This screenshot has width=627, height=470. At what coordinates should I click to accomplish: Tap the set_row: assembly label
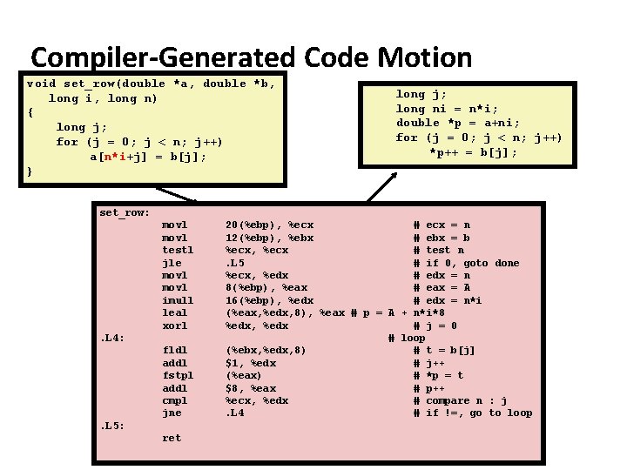[125, 212]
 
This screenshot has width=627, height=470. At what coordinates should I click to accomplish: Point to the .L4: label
[113, 338]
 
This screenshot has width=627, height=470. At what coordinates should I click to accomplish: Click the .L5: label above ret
[113, 426]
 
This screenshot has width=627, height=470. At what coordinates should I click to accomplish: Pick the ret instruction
[172, 438]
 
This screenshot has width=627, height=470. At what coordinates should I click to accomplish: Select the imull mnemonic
[178, 300]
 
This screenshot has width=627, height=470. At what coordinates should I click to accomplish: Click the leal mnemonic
[175, 312]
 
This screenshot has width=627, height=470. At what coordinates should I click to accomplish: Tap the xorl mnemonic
[175, 326]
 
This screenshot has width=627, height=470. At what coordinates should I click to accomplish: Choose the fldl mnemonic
[175, 351]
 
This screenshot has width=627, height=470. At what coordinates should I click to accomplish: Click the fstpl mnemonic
[178, 375]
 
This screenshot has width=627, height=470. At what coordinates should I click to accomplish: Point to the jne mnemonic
[172, 413]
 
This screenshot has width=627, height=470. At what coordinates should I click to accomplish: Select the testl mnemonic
[178, 250]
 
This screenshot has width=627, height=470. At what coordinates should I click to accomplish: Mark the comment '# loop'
[407, 338]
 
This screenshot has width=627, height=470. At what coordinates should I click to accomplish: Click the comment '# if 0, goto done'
[466, 263]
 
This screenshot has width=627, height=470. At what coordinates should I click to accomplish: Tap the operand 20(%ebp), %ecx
[269, 225]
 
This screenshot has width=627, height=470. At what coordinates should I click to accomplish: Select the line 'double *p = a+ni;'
[458, 123]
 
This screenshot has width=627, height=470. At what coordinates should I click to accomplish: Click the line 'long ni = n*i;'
[447, 109]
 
